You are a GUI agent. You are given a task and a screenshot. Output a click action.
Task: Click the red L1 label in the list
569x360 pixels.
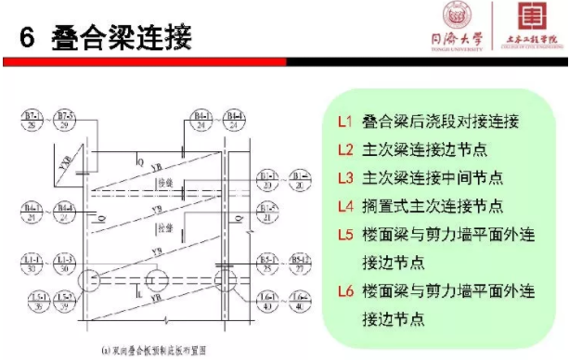tap(344, 122)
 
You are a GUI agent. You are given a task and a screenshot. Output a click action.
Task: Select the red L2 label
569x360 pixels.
tap(344, 149)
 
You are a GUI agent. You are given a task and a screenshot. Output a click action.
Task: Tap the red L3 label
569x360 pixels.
tap(344, 177)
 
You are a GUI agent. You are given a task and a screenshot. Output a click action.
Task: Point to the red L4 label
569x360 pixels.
tap(344, 205)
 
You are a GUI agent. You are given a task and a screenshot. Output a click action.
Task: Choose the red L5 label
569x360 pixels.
tap(344, 235)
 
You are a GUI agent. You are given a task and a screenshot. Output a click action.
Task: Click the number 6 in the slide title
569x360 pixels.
tap(27, 38)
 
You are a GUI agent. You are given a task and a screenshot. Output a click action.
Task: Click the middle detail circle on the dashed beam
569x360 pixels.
tap(156, 280)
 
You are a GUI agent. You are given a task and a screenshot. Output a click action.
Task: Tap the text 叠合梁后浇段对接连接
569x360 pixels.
tap(440, 122)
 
